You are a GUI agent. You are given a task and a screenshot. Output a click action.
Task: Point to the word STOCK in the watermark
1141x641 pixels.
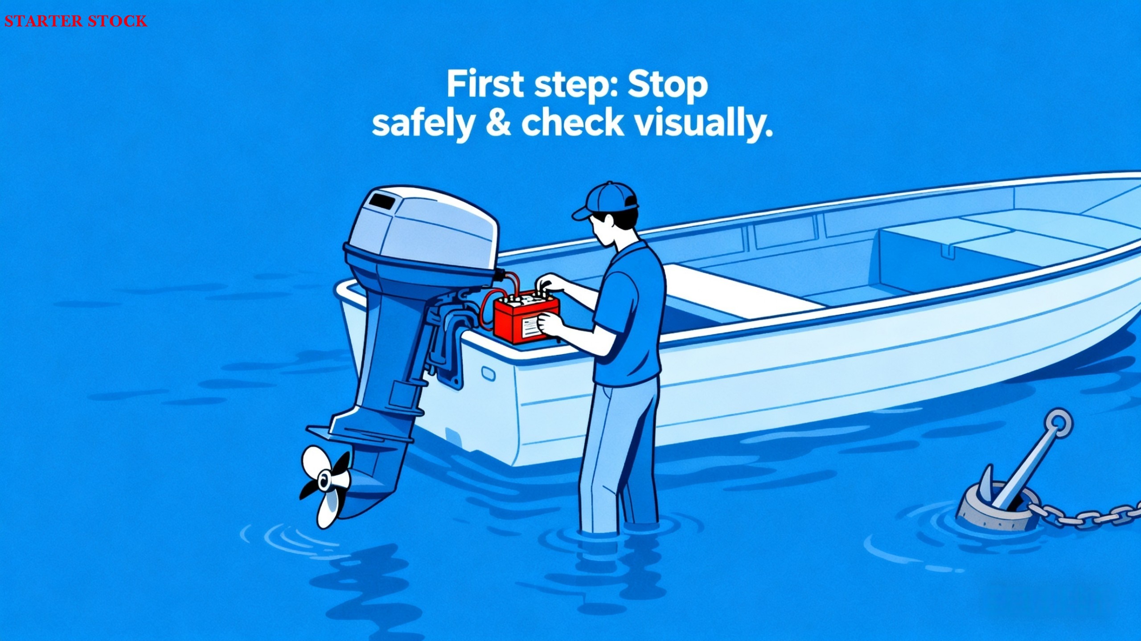pos(117,21)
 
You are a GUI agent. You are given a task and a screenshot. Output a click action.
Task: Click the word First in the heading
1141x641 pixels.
pos(485,84)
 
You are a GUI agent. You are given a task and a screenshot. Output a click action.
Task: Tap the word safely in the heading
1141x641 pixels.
pos(423,124)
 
